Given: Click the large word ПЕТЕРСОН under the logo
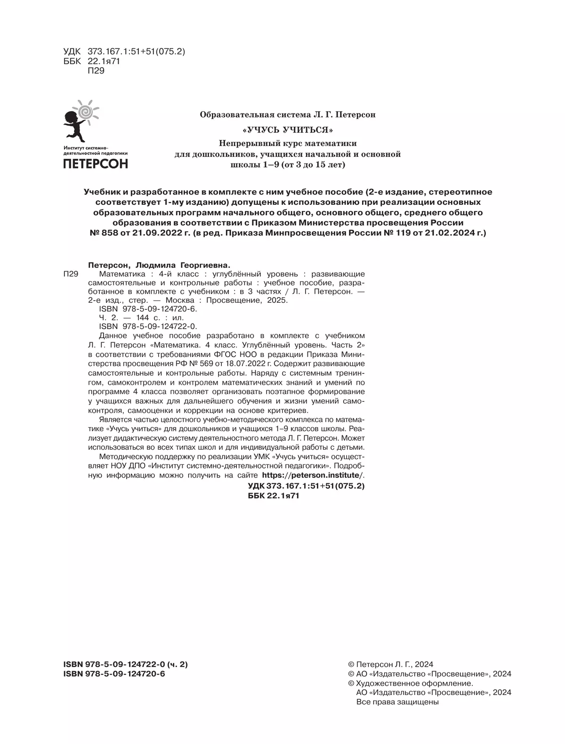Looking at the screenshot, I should (96, 163).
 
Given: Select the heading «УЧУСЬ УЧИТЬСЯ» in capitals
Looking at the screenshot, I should (287, 129).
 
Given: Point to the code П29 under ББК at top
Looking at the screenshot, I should (96, 71).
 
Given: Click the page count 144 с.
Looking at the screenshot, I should (141, 317).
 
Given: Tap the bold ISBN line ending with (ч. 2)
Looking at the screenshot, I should (125, 664).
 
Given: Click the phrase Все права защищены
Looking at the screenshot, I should (398, 702).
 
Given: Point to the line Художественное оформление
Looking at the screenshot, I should (414, 683).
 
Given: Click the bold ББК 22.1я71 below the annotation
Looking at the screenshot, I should (273, 496).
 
